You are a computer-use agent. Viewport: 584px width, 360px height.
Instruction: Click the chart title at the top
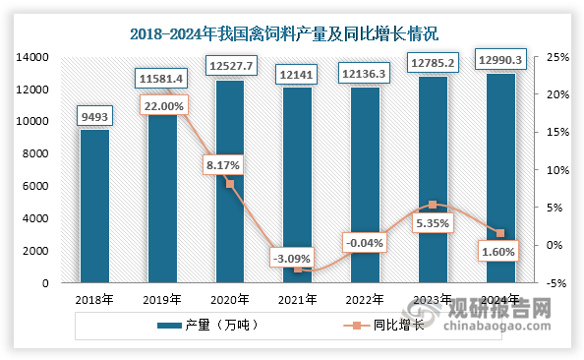(292, 34)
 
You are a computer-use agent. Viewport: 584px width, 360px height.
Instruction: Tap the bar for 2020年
(230, 182)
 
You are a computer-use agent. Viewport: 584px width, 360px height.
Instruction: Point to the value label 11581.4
(162, 76)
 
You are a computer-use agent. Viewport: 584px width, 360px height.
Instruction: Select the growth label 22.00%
(162, 103)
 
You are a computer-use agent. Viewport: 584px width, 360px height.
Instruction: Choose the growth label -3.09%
(298, 260)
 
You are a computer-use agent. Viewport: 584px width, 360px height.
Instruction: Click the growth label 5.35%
(434, 224)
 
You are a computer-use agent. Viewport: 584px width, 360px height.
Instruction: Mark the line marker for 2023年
(434, 205)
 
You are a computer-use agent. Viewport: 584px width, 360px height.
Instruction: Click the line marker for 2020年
(230, 184)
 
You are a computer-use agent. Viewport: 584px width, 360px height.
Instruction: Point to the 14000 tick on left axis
(33, 58)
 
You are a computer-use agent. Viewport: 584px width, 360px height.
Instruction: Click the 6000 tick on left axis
(37, 187)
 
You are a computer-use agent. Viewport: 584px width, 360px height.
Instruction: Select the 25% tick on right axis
(555, 58)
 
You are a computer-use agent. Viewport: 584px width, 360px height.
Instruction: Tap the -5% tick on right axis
(555, 283)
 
